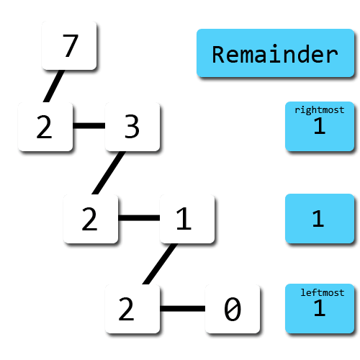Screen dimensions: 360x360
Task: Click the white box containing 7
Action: coord(69,45)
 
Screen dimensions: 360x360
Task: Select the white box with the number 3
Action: coord(132,127)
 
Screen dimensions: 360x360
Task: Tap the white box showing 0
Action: coord(232,309)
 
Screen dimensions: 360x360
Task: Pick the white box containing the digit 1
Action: coord(186,218)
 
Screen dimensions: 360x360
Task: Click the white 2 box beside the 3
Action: coord(45,127)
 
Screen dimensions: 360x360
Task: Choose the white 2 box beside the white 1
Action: coord(90,218)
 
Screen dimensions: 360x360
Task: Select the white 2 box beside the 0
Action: coord(132,309)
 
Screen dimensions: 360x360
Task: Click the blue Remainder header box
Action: coord(274,53)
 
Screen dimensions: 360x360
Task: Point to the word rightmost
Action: coord(319,110)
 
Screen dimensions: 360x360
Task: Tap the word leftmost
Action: coord(322,292)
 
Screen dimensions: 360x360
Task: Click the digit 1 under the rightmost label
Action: coord(319,127)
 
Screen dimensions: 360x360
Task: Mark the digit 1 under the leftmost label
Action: coord(319,310)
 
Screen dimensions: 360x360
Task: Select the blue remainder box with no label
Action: coord(319,218)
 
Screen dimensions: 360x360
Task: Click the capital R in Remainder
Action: coord(218,54)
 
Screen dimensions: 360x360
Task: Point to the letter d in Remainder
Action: coord(302,54)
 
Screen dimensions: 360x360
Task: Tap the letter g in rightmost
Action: coord(310,111)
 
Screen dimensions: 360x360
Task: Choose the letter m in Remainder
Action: coord(246,55)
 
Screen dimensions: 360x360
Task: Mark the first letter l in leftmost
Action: coord(304,292)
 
